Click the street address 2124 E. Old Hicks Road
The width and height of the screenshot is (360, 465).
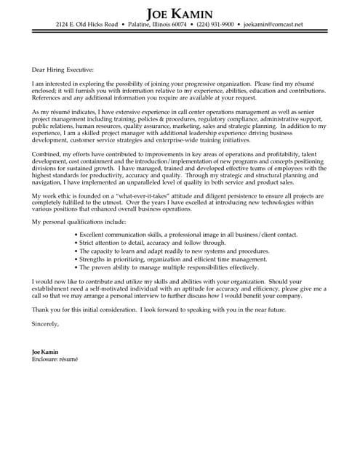click(x=87, y=25)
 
